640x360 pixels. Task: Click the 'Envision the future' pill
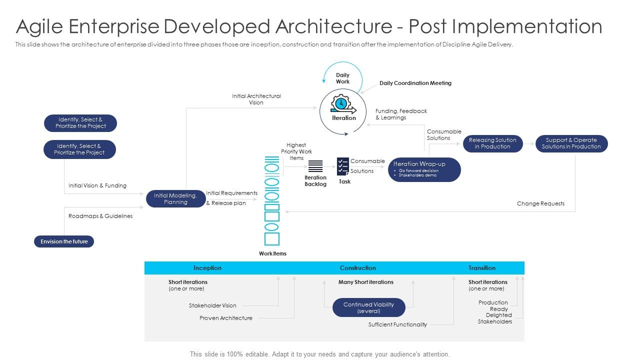(64, 241)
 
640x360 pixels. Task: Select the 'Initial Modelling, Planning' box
(175, 199)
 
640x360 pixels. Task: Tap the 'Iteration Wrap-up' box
(424, 169)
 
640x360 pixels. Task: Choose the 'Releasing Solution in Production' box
(492, 143)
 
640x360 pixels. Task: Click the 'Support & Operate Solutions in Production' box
(571, 143)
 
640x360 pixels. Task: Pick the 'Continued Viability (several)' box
(368, 308)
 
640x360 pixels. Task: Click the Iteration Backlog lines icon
(315, 166)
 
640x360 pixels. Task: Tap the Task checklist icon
(343, 166)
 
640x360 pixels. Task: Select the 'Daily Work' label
(342, 78)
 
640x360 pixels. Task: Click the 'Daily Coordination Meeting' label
(415, 83)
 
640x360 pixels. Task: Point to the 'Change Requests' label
(540, 203)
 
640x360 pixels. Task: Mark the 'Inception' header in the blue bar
(207, 268)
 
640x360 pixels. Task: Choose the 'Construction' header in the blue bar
(358, 268)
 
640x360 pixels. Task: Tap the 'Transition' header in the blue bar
(482, 268)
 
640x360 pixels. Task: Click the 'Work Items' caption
(272, 253)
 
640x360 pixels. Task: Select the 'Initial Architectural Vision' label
(256, 99)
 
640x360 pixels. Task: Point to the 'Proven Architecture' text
(226, 318)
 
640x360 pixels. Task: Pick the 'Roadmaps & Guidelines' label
(100, 216)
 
